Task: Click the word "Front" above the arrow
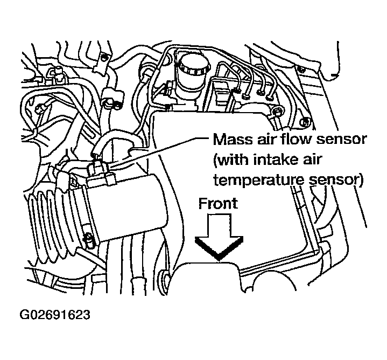(x=218, y=204)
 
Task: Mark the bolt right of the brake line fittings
(x=277, y=112)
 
